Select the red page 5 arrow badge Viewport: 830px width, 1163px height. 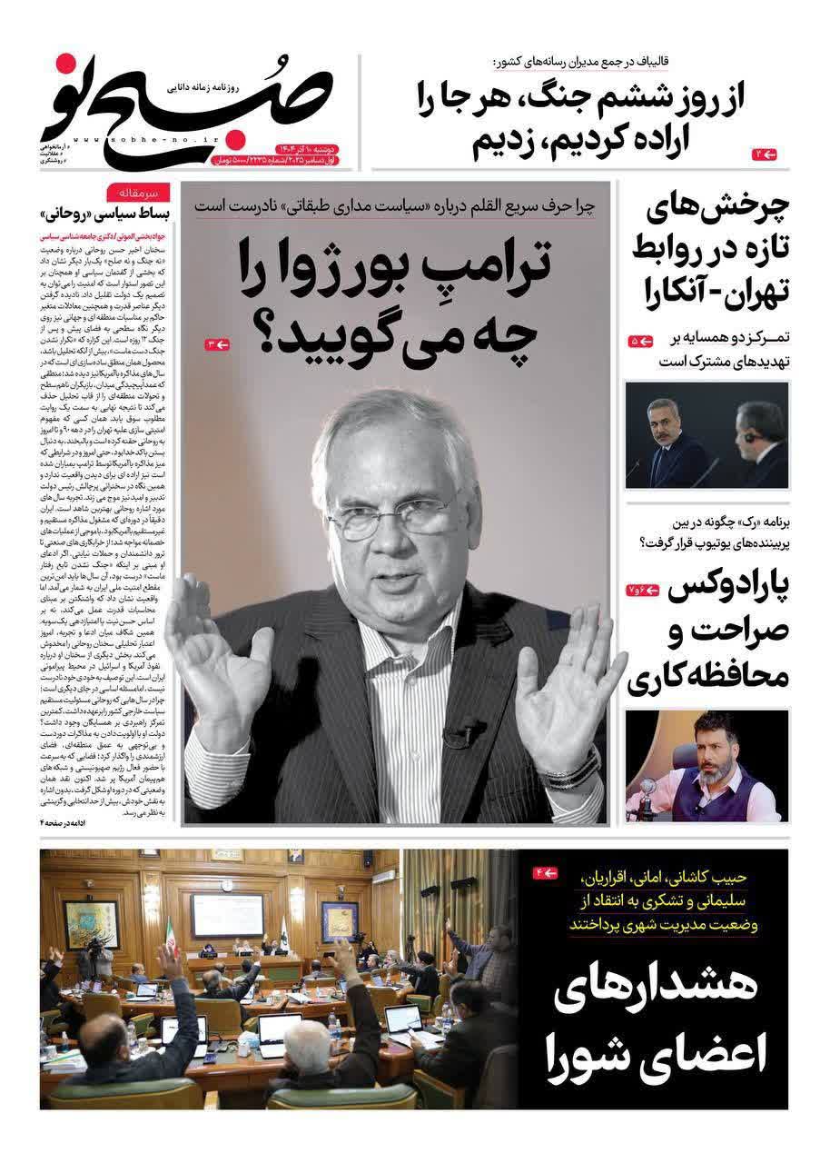(x=641, y=342)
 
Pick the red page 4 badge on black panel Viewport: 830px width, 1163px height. (x=546, y=873)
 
